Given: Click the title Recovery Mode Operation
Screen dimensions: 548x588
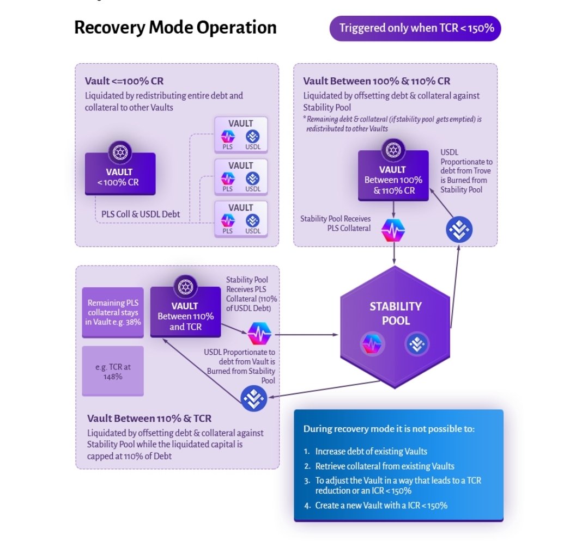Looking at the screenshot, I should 175,28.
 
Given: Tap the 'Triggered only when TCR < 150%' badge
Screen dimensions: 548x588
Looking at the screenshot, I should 415,28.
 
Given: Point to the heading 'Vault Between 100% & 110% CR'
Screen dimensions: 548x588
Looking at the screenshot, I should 377,81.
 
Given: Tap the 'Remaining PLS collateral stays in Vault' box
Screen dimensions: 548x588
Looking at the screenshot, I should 113,313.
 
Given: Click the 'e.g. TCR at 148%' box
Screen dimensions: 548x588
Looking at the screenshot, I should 113,371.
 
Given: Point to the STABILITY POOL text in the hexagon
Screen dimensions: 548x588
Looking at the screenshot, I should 395,313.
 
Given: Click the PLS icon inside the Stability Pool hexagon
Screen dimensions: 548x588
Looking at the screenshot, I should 372,344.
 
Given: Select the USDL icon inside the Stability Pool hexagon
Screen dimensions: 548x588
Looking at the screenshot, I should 417,344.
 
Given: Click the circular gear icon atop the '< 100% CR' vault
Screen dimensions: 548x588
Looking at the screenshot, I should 120,152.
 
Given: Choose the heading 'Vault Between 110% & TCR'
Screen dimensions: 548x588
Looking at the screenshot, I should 149,418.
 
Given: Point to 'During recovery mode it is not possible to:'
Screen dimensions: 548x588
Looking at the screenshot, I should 389,429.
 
